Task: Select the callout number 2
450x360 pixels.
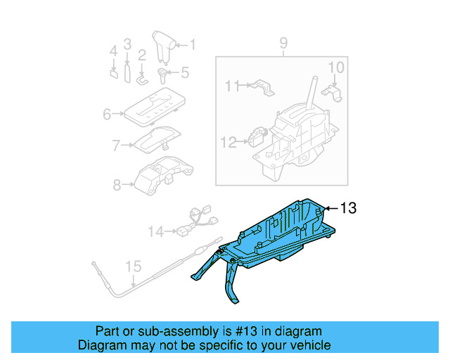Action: tap(142, 55)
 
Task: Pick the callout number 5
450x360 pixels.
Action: tap(185, 72)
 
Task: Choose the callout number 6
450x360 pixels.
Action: tap(108, 113)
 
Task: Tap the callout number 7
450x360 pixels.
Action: tap(117, 146)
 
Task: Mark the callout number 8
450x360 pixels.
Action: tap(117, 185)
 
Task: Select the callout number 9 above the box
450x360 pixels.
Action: tap(283, 44)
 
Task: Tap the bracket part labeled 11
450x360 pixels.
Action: tap(264, 89)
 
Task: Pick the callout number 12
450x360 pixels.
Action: tap(227, 142)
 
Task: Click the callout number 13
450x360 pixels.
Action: tap(349, 208)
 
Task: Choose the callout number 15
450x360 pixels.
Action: tap(132, 266)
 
